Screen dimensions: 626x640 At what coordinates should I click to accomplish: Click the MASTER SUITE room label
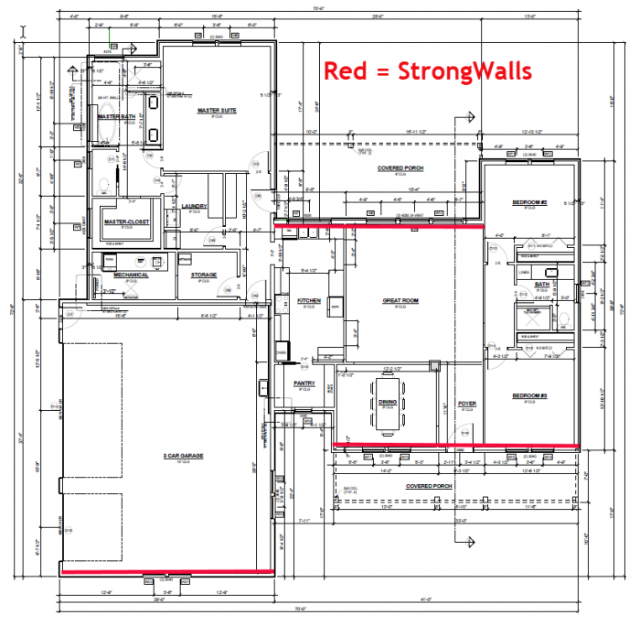[218, 111]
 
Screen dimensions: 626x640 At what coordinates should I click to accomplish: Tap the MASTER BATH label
[116, 117]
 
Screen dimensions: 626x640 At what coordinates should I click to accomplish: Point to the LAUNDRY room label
[196, 206]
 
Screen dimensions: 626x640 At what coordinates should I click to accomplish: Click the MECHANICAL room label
[131, 275]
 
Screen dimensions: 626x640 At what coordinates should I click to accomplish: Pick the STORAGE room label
[203, 275]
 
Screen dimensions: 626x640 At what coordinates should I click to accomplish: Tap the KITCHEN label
[306, 300]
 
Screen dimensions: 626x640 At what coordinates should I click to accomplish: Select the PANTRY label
[304, 383]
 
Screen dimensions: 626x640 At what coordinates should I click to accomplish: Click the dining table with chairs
[387, 405]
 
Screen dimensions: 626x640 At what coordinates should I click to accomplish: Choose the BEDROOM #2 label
[528, 202]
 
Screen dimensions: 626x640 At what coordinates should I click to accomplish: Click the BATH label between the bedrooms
[542, 285]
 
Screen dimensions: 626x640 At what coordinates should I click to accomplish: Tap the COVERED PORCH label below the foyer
[431, 486]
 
